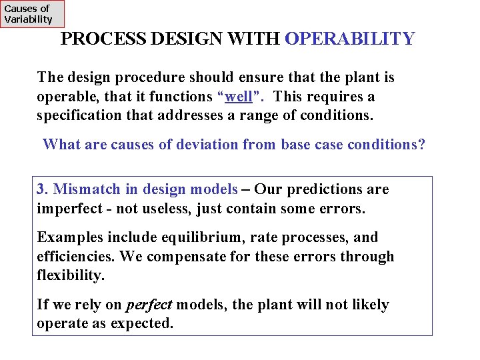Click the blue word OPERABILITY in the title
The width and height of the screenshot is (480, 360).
[349, 39]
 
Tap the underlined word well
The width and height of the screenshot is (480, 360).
[239, 97]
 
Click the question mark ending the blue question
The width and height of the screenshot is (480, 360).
[421, 145]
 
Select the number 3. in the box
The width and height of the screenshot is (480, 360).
[43, 189]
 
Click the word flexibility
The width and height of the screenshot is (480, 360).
[69, 275]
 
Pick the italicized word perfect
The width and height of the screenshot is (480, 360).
[149, 305]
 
